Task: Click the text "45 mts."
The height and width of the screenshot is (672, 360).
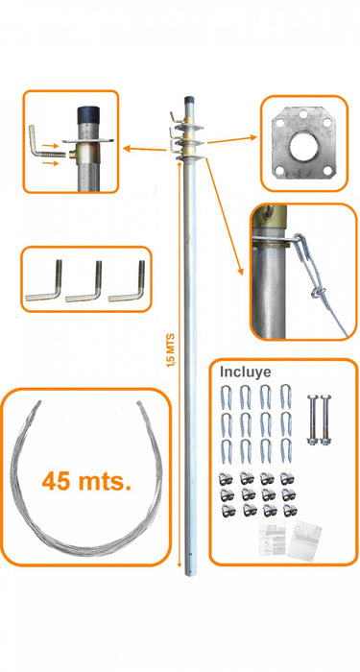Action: coord(86,481)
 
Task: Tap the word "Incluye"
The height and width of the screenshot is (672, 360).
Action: coord(245,372)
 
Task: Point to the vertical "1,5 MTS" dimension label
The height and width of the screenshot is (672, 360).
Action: coord(171,350)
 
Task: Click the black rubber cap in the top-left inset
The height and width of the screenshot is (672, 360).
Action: coord(88,115)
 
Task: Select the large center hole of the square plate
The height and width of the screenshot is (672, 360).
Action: coord(303,147)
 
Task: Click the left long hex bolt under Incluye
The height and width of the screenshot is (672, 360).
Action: coord(312,420)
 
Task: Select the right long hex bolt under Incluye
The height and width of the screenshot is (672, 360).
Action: coord(326,420)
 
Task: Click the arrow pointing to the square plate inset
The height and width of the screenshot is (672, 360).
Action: coord(232,140)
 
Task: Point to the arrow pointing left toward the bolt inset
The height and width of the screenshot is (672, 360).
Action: coord(144,149)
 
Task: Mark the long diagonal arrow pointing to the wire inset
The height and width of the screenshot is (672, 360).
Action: coord(224,216)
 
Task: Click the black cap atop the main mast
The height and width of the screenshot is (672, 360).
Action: coord(189,100)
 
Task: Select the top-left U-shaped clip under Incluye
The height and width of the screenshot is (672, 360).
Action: coord(226,396)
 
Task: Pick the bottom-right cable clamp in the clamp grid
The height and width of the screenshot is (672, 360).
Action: coord(290,510)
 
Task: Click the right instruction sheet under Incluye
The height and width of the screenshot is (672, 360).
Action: coord(304,540)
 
